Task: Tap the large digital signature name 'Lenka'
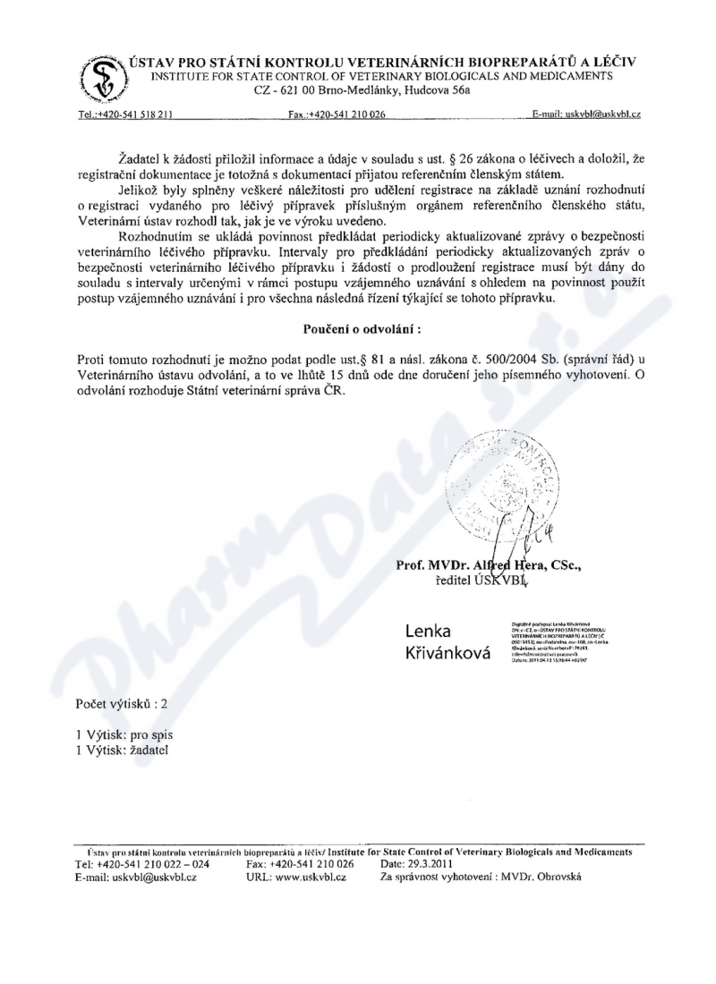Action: pos(428,632)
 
